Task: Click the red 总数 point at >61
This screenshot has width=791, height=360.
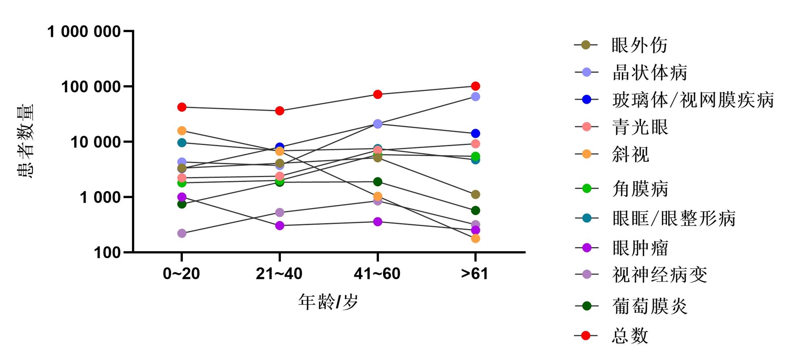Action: coord(475,86)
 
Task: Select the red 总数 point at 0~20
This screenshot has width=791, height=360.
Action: coord(182,107)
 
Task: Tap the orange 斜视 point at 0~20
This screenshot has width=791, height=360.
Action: coord(182,131)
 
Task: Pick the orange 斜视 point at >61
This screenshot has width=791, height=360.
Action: coord(475,238)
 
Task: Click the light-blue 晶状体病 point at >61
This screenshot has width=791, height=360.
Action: coord(475,97)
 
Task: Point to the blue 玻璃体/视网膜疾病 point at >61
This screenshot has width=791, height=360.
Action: coord(475,133)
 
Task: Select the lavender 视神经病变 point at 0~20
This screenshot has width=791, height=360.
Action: coord(182,234)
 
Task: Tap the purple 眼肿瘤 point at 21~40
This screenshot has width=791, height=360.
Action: coord(280,226)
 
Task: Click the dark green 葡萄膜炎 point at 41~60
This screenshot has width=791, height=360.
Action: coord(378,182)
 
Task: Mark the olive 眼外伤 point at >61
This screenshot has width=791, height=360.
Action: coord(475,194)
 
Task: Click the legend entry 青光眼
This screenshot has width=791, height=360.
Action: coord(640,127)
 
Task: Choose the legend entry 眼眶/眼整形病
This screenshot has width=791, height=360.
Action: coord(674,219)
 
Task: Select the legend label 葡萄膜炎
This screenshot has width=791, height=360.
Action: coord(650,306)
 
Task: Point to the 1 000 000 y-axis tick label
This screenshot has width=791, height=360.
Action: coord(84,32)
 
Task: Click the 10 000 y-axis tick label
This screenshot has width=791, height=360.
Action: coord(96,142)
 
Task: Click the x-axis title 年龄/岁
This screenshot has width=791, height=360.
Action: coord(328,302)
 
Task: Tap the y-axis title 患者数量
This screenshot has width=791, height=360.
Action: coord(26,141)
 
